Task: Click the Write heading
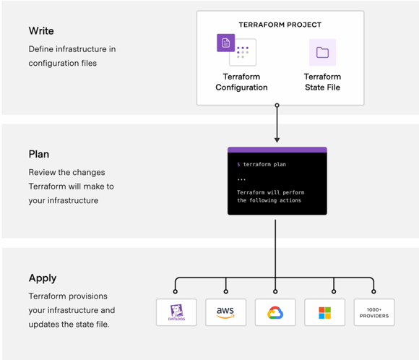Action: point(41,31)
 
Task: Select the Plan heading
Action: point(39,154)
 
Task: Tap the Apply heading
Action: point(43,278)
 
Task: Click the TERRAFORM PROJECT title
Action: point(280,25)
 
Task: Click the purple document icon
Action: point(226,43)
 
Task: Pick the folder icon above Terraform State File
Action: point(322,53)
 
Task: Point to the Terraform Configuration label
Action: point(241,82)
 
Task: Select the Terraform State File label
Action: point(322,82)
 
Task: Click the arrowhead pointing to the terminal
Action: point(277,140)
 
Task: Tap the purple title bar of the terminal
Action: point(277,150)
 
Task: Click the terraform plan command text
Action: point(264,164)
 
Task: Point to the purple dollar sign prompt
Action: point(238,165)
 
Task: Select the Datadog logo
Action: point(177,312)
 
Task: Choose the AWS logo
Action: point(225,312)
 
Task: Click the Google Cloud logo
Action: point(275,313)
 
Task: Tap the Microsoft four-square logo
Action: point(324,313)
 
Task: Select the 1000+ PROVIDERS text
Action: point(374,313)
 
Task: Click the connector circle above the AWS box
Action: point(226,291)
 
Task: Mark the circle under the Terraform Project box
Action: point(277,106)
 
